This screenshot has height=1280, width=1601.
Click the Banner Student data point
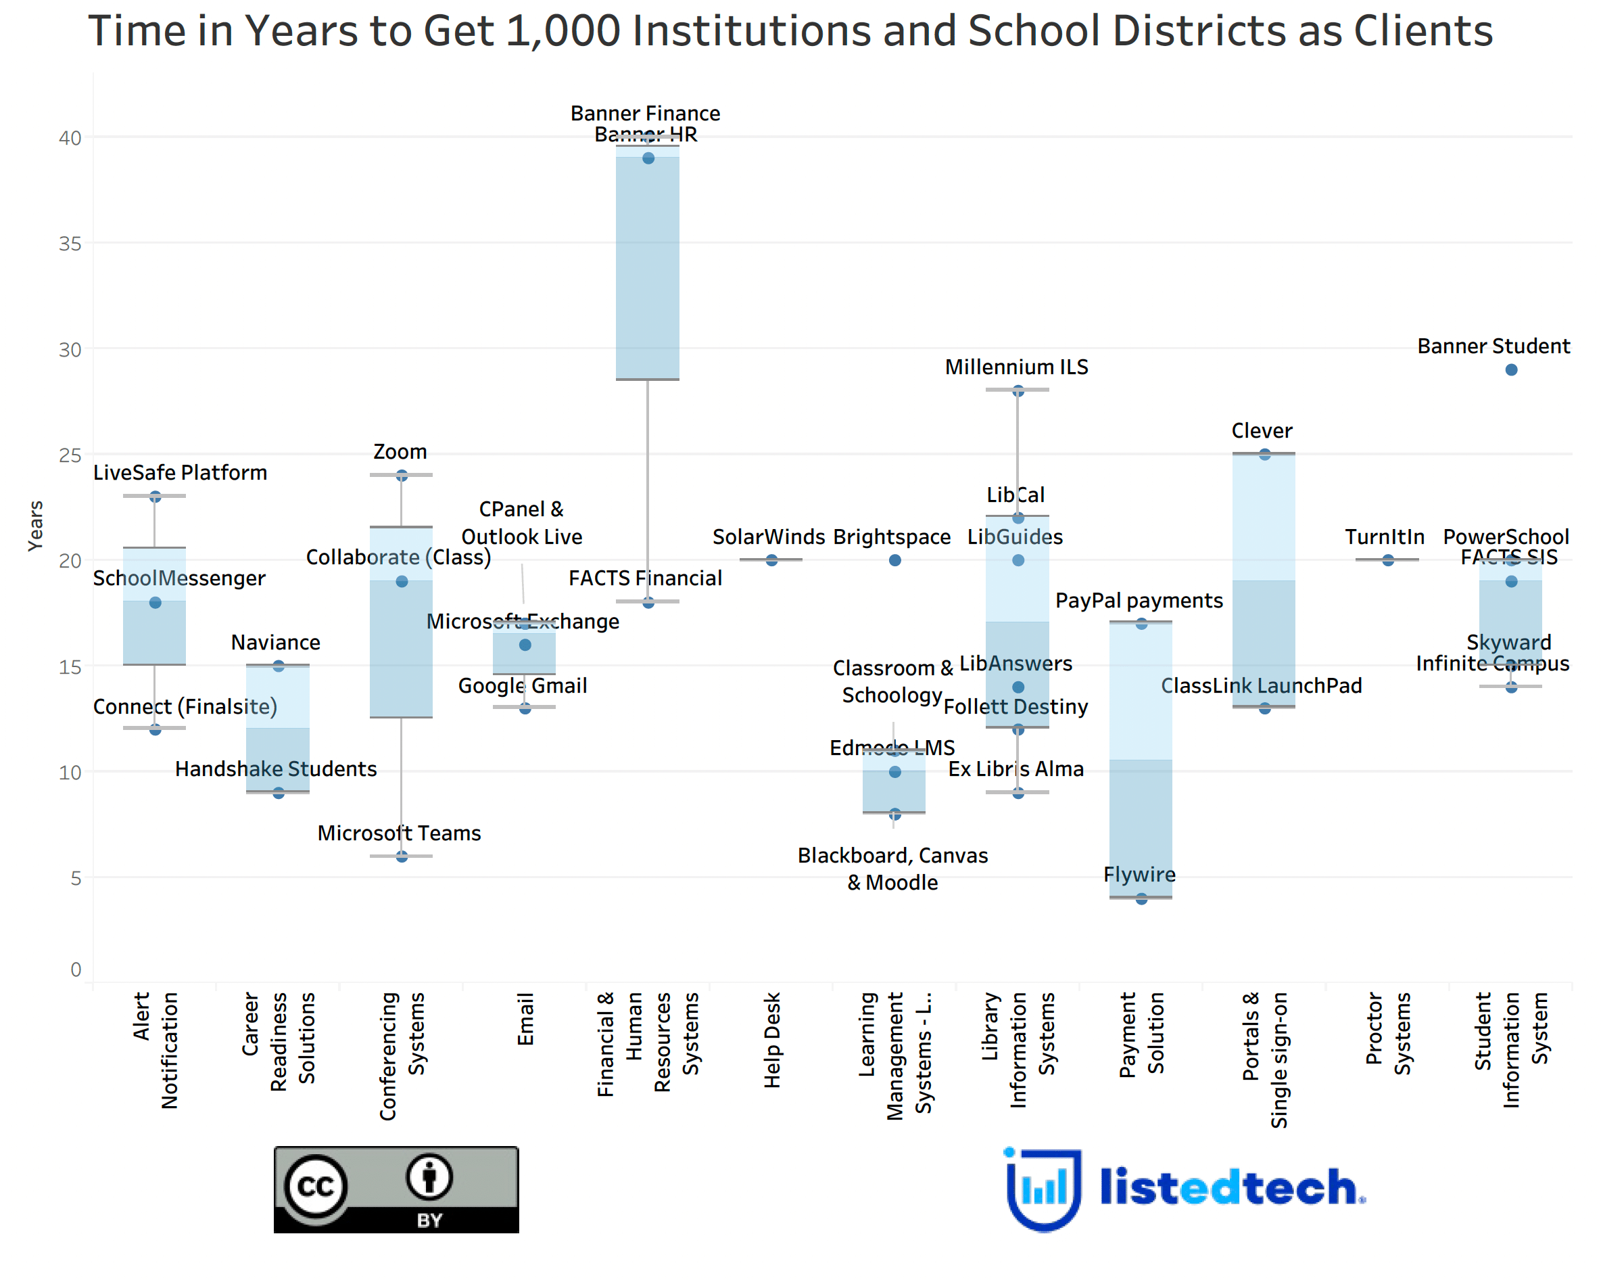pos(1510,370)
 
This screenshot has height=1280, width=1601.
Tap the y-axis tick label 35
pos(70,244)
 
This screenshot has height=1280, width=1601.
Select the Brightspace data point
pos(894,560)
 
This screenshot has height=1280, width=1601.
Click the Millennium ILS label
pos(1016,367)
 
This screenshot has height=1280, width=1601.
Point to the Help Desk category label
pos(772,1040)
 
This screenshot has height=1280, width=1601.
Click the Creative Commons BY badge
pos(396,1189)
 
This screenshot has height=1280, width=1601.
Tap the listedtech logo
pos(1185,1188)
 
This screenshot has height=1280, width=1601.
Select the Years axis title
pos(35,525)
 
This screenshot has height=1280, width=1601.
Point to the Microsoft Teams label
pos(399,833)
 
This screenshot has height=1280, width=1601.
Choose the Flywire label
pos(1139,874)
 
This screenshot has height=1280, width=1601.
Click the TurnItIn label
pos(1384,537)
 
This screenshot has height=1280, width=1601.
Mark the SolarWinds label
pos(768,537)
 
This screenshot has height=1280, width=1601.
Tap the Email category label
pos(525,1020)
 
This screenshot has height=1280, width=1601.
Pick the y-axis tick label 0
pos(76,969)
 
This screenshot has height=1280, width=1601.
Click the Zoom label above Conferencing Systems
pos(400,452)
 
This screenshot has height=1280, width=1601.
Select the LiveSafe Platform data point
pos(156,497)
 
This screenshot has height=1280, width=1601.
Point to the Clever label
pos(1261,431)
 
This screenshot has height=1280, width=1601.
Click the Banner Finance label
pos(644,113)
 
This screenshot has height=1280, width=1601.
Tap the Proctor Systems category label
pos(1387,1032)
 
